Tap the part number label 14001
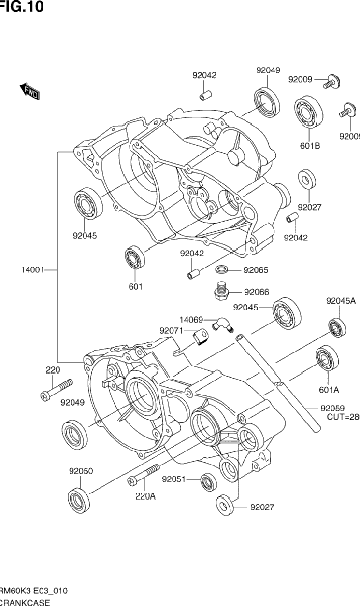coord(32,270)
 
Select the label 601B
coord(310,146)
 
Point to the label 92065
coord(256,270)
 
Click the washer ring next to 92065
coord(222,269)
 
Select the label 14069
coord(191,320)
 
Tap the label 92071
coord(172,331)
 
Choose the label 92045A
coord(340,301)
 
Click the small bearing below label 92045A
coord(337,328)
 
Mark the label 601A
coord(329,389)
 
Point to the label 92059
coord(335,409)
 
